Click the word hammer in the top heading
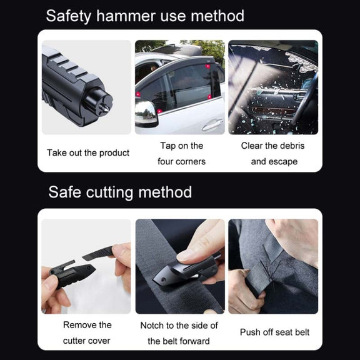pyautogui.click(x=126, y=16)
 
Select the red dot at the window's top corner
pyautogui.click(x=207, y=66)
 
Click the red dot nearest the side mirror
pyautogui.click(x=138, y=94)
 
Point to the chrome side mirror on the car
pyautogui.click(x=146, y=112)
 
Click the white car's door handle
pyautogui.click(x=212, y=124)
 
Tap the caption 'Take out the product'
pyautogui.click(x=88, y=153)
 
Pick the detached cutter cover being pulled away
pyautogui.click(x=97, y=253)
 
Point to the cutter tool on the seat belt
pyautogui.click(x=186, y=270)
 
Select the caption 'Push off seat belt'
pyautogui.click(x=274, y=332)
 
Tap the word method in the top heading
pyautogui.click(x=217, y=16)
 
